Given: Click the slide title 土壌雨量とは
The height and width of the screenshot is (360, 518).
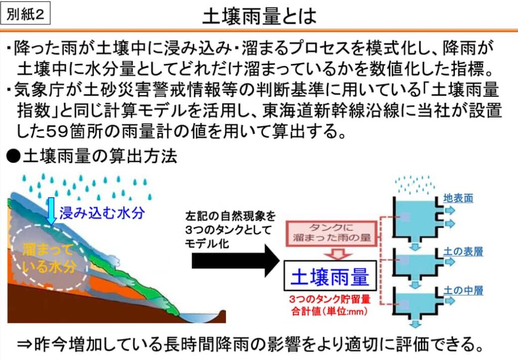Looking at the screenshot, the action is pyautogui.click(x=260, y=16).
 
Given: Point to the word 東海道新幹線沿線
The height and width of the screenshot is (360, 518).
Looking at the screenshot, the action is pyautogui.click(x=330, y=111).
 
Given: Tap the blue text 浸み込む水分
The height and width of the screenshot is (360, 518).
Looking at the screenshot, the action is pyautogui.click(x=102, y=213).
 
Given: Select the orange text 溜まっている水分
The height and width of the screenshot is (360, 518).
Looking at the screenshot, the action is pyautogui.click(x=49, y=258).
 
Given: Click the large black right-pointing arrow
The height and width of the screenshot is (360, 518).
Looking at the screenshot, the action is pyautogui.click(x=236, y=261).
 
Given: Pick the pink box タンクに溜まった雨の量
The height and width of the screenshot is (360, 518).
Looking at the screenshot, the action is pyautogui.click(x=331, y=233).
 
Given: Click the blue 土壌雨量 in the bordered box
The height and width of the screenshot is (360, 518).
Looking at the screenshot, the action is pyautogui.click(x=330, y=277).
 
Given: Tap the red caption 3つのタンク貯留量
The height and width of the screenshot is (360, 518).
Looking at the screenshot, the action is pyautogui.click(x=330, y=299).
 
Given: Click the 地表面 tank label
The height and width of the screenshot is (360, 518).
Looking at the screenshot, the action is pyautogui.click(x=458, y=198).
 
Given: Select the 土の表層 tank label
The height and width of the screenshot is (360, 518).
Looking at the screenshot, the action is pyautogui.click(x=463, y=252).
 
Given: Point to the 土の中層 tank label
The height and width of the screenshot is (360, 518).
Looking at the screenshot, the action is pyautogui.click(x=463, y=291).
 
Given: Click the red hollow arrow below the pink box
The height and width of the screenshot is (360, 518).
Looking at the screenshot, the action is pyautogui.click(x=337, y=254).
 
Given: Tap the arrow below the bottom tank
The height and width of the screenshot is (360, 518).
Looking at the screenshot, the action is pyautogui.click(x=415, y=323).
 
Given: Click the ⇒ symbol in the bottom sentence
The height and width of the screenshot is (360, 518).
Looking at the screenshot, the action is pyautogui.click(x=25, y=345).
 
